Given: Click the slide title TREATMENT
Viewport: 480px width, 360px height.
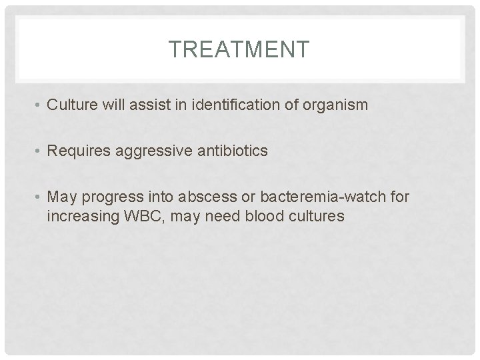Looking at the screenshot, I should click(x=239, y=49).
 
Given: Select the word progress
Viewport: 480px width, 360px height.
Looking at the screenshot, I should click(x=108, y=198).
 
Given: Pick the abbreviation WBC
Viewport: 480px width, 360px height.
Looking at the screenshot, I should click(x=137, y=216).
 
